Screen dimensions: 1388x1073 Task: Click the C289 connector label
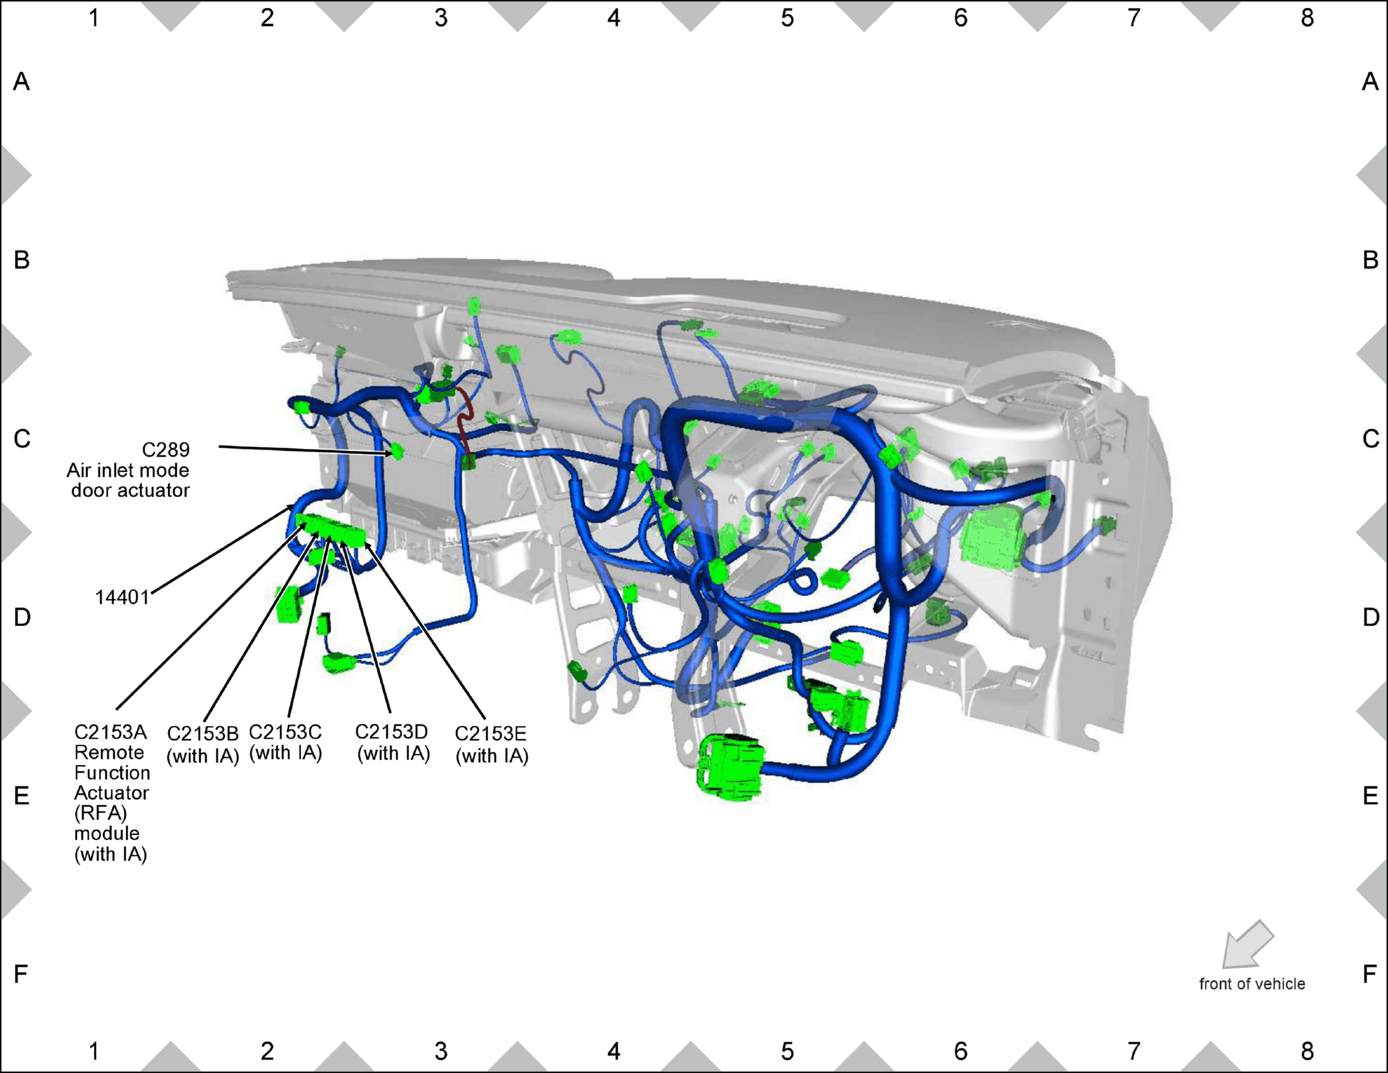[166, 450]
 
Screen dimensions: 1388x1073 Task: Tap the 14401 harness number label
[123, 597]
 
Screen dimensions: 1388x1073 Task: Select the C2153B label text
[203, 734]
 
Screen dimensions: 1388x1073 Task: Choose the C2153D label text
[392, 732]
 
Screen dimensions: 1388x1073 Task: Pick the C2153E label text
[491, 734]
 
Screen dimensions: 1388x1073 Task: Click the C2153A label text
[111, 732]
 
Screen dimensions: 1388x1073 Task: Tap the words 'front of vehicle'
[1252, 984]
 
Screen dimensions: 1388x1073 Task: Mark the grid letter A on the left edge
[22, 82]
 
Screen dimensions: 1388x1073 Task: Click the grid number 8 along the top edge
[1307, 18]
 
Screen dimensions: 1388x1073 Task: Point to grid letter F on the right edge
[1369, 974]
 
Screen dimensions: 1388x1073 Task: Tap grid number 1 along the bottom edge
[94, 1051]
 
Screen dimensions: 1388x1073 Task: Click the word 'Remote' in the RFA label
[109, 752]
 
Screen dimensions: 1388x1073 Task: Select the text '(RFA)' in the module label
[100, 813]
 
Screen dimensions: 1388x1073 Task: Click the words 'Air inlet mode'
[128, 470]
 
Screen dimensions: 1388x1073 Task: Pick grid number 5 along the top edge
[787, 18]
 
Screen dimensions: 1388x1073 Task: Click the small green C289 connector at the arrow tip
[397, 451]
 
